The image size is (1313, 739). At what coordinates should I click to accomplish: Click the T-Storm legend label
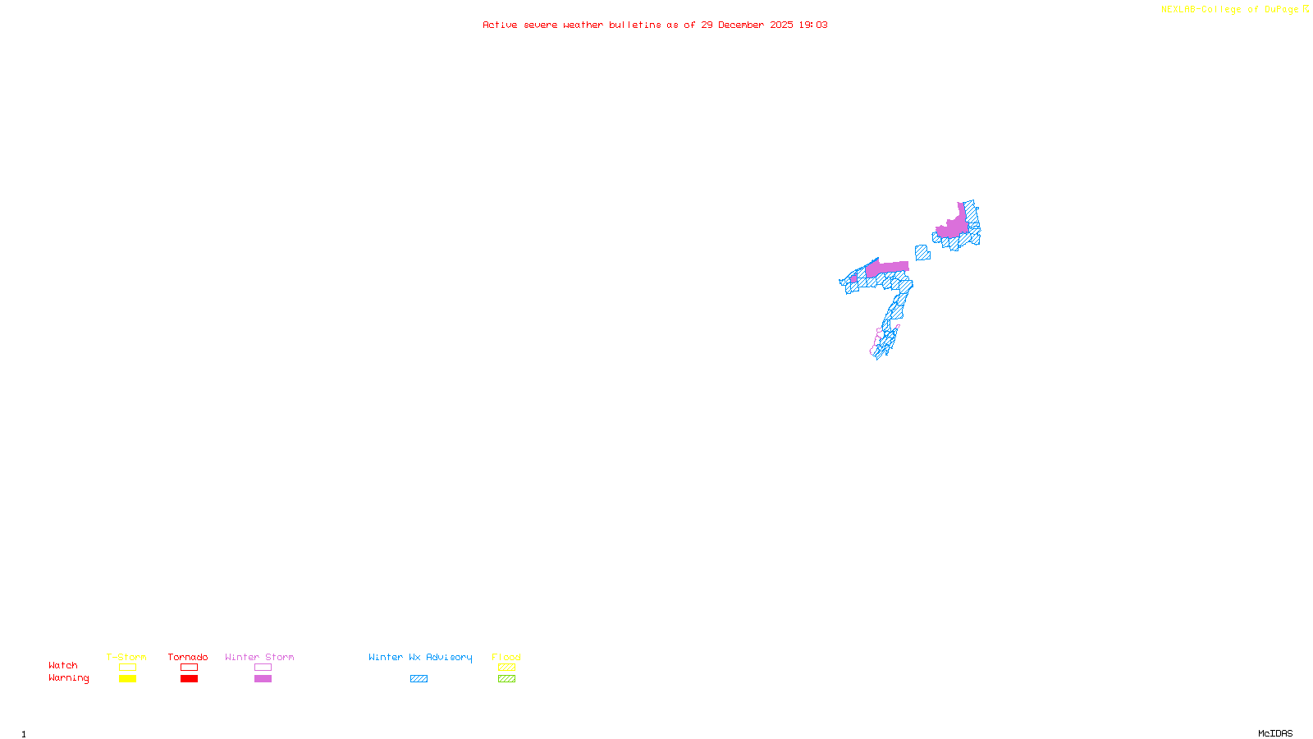(x=126, y=657)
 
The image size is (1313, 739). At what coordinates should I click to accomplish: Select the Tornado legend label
(x=188, y=657)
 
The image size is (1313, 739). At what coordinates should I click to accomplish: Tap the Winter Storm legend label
(x=259, y=657)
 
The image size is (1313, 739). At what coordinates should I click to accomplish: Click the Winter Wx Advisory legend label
(x=420, y=657)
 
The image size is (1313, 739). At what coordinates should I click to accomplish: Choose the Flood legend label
(x=506, y=657)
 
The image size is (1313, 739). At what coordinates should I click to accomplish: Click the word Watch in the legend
(x=63, y=665)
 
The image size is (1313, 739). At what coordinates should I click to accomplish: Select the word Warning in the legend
(x=69, y=678)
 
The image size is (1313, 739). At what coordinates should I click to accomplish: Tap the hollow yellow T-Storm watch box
(x=127, y=668)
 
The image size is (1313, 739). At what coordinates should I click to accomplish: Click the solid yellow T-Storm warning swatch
(x=127, y=679)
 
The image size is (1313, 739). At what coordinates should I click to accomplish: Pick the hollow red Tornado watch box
(x=189, y=668)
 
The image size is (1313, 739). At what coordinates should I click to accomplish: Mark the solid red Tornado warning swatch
(x=189, y=679)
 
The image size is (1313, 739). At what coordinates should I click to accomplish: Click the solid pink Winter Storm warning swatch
(x=263, y=679)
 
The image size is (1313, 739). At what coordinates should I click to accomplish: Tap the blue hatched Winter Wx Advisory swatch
(x=419, y=679)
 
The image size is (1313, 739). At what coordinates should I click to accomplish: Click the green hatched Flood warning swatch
(x=506, y=679)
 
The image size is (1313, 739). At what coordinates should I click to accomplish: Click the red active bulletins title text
(x=655, y=25)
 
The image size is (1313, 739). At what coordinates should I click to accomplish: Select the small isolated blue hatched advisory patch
(x=922, y=253)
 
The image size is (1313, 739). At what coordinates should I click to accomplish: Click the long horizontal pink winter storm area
(x=888, y=268)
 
